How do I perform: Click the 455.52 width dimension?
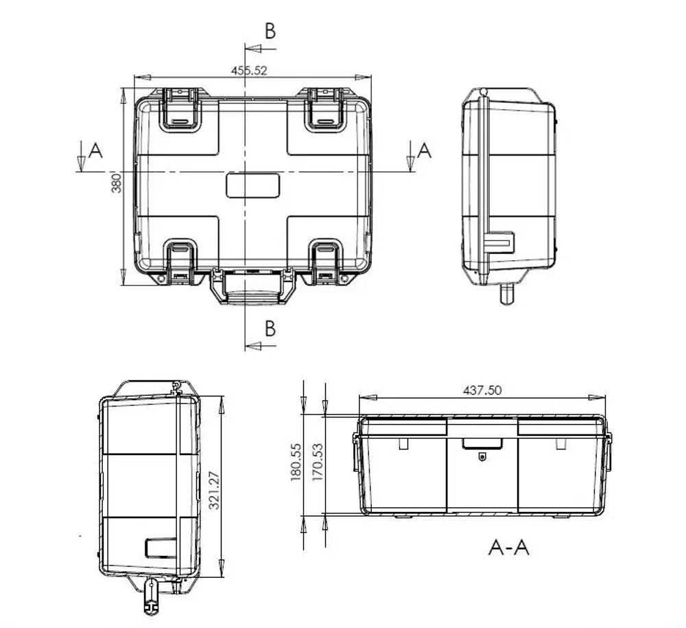pyautogui.click(x=249, y=70)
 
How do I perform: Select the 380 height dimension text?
pyautogui.click(x=117, y=183)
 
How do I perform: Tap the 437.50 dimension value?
pyautogui.click(x=482, y=390)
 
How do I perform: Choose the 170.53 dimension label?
pyautogui.click(x=318, y=461)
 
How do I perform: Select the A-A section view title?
pyautogui.click(x=508, y=547)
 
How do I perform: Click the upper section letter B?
pyautogui.click(x=270, y=31)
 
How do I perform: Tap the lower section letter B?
pyautogui.click(x=270, y=329)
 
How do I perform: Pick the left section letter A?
pyautogui.click(x=95, y=150)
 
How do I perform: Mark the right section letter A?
pyautogui.click(x=425, y=150)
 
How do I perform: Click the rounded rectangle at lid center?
pyautogui.click(x=253, y=185)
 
